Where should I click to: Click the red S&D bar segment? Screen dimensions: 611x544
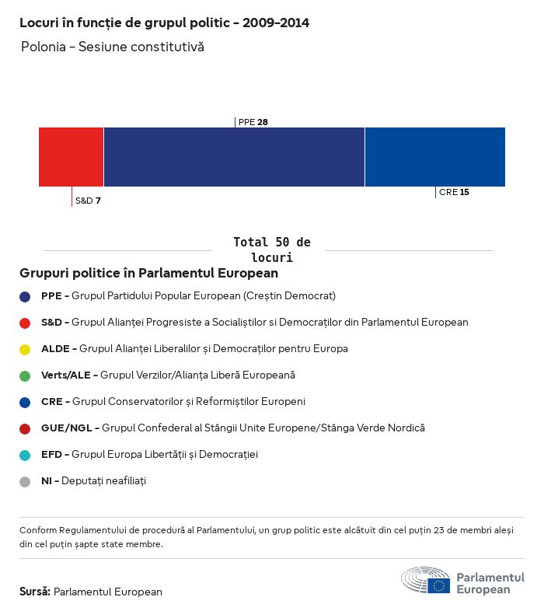tap(71, 157)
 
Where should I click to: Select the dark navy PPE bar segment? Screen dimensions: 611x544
tap(234, 157)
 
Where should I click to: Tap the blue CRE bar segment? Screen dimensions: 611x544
tap(434, 157)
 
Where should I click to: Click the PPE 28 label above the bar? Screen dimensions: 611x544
tap(253, 122)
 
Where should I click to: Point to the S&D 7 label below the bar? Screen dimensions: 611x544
tap(88, 201)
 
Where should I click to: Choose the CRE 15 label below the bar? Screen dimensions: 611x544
tap(454, 192)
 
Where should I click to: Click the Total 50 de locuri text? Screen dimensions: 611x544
tap(271, 250)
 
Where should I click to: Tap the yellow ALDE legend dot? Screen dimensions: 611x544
tap(25, 349)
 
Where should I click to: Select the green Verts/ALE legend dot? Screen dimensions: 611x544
tap(25, 375)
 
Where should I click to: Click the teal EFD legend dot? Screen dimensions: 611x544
tap(25, 455)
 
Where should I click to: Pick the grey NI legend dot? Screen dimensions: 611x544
tap(25, 481)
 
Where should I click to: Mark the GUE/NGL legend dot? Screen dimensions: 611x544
tap(25, 428)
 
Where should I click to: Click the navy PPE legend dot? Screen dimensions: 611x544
tap(25, 296)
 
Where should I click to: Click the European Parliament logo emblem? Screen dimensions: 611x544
tap(425, 581)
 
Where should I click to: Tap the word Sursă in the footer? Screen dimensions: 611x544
tap(35, 592)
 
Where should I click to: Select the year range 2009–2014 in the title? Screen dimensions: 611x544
tap(276, 23)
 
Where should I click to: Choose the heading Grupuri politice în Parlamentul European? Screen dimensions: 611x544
tap(148, 274)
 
